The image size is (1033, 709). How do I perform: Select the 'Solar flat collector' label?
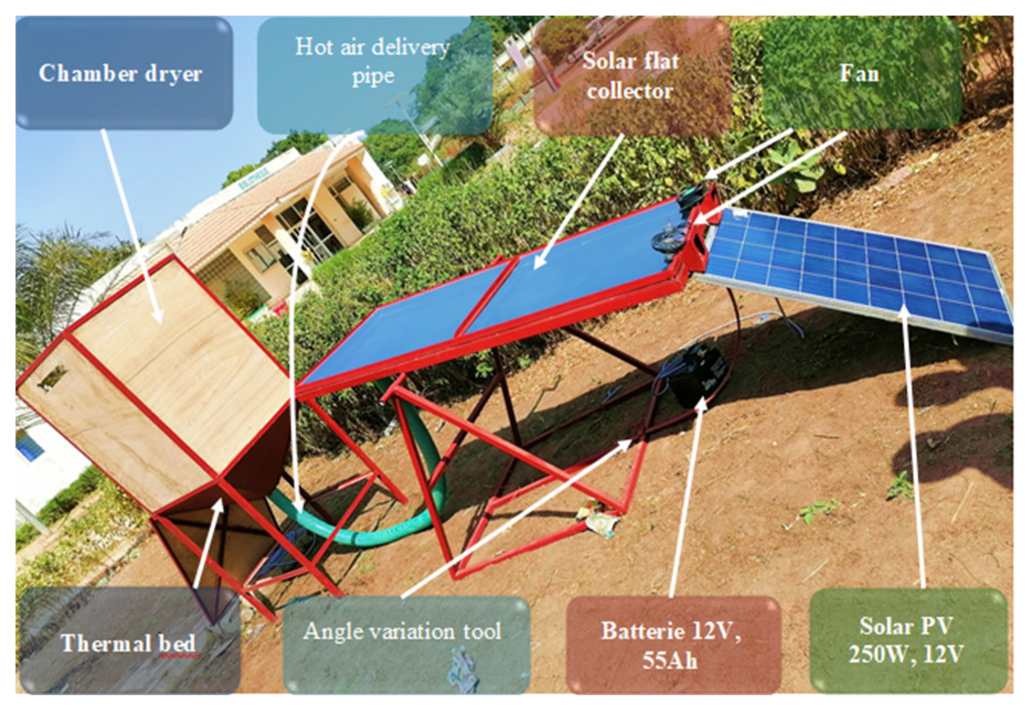631,76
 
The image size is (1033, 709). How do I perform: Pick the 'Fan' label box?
859,73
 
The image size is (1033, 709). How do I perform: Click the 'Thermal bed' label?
129,643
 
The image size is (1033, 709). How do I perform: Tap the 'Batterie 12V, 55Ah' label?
671,645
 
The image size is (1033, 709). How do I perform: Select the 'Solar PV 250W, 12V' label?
906,641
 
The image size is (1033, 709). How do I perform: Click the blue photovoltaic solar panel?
860,270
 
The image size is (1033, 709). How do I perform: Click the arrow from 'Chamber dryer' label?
132,226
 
